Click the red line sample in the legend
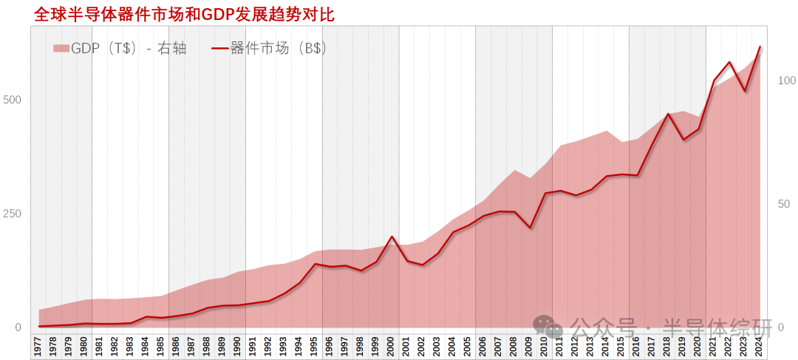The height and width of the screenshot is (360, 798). click(x=219, y=49)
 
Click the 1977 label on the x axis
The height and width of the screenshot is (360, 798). click(x=38, y=347)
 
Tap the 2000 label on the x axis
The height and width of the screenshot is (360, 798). click(x=392, y=347)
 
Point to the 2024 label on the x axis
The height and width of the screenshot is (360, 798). click(x=760, y=347)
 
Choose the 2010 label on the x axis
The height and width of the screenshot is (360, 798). click(x=545, y=347)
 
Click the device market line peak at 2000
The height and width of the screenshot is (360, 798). click(x=392, y=237)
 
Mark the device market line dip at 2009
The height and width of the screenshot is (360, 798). click(x=530, y=228)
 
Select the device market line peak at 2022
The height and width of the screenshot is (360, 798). click(x=729, y=62)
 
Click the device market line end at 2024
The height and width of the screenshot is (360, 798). click(x=760, y=47)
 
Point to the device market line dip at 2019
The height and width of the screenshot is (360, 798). click(x=683, y=140)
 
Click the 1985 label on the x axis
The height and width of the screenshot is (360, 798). click(x=161, y=347)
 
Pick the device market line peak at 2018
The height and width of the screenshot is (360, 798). click(x=668, y=114)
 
